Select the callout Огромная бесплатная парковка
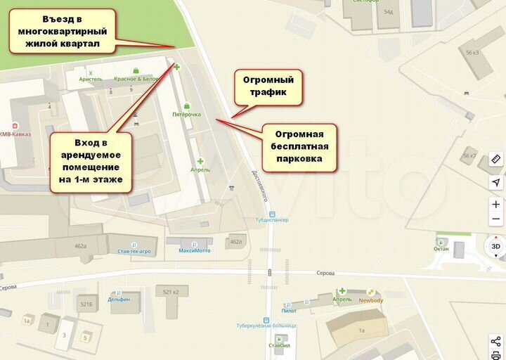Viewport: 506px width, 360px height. (x=299, y=148)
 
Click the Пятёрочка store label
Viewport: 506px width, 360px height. (x=187, y=114)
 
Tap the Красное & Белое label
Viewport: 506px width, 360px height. (x=136, y=79)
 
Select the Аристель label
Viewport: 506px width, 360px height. (x=91, y=79)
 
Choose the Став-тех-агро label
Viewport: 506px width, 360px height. (x=135, y=250)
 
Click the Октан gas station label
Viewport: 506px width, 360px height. (x=441, y=249)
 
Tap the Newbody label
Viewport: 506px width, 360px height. (x=370, y=300)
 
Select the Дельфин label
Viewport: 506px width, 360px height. (x=119, y=299)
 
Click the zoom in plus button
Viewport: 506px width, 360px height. (x=495, y=205)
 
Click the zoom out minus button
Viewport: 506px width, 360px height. (x=495, y=219)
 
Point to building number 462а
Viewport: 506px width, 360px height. (x=80, y=246)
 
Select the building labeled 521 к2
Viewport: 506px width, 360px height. (x=171, y=291)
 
